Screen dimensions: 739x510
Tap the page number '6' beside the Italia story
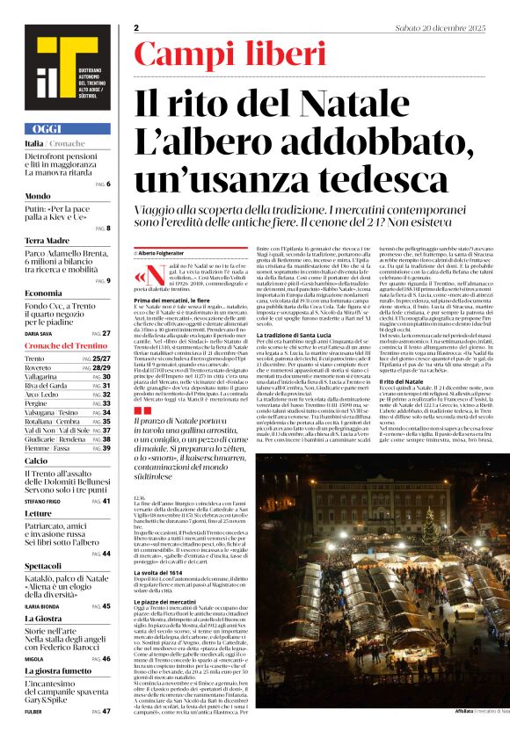click(107, 184)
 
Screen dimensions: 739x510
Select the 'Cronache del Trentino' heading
click(68, 345)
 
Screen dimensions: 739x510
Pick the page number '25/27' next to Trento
click(101, 359)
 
